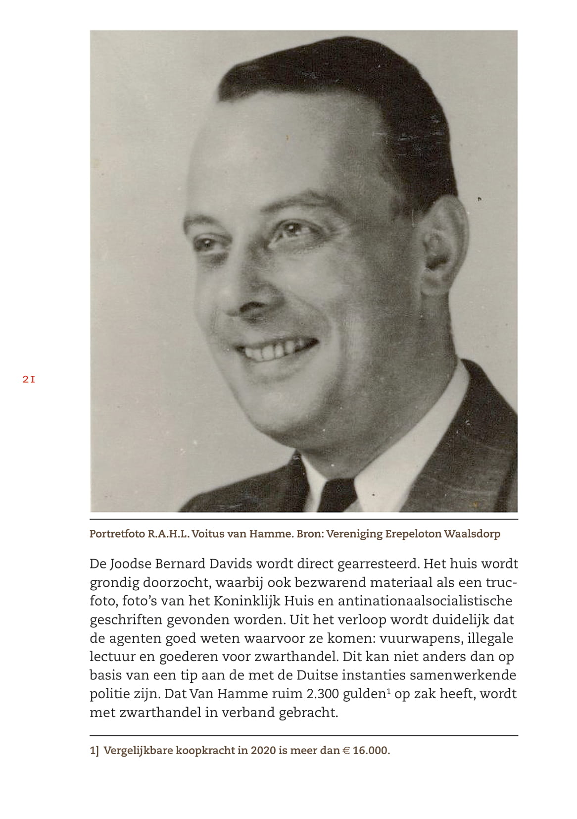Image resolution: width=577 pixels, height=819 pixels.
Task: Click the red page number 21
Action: (x=29, y=380)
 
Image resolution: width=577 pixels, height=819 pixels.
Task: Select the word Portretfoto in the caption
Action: (x=117, y=534)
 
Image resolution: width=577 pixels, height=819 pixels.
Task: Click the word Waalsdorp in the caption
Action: (x=472, y=534)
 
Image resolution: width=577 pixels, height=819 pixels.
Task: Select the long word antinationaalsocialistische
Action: (x=425, y=601)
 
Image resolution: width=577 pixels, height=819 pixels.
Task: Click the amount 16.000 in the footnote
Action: (x=371, y=751)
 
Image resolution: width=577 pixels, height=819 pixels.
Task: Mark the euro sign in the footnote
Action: (x=346, y=751)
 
